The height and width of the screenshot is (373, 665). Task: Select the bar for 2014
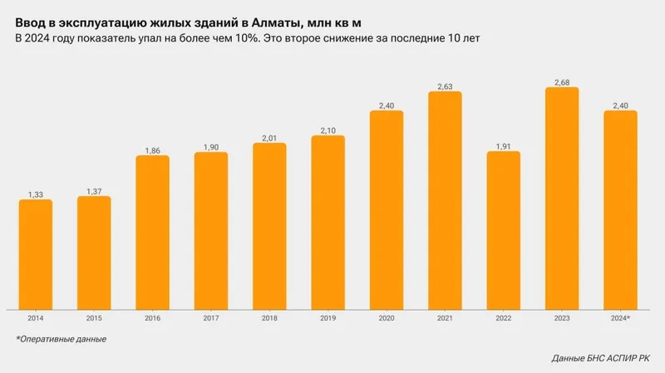coord(36,253)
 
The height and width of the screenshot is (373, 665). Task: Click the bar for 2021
coord(445,199)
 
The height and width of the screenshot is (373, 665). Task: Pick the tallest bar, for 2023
coord(562,198)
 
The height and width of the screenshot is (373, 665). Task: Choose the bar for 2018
coord(269,225)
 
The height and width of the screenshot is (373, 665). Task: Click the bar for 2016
coord(152,232)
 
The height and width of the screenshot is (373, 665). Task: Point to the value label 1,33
coord(36,194)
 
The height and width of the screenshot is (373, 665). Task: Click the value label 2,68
coord(562,81)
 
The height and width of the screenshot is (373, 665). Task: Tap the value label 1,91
coord(504,145)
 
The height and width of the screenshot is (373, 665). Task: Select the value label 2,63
coord(445,86)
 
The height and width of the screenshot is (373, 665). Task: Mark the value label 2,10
coord(328,130)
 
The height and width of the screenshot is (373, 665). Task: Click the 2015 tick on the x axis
coord(94,318)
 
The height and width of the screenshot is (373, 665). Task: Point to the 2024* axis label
coord(620,318)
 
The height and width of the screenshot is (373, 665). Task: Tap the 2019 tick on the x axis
coord(328,318)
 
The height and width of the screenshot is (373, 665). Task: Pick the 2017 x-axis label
coord(211,318)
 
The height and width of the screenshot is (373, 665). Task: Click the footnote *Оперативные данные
coord(61,339)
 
